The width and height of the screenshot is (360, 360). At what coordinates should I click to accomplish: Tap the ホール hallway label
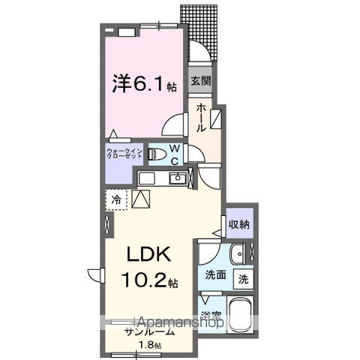201,118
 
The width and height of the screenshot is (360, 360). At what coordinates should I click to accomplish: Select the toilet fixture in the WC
157,155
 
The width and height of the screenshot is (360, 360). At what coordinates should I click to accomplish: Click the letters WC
173,155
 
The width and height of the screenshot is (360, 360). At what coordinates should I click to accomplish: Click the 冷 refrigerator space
115,199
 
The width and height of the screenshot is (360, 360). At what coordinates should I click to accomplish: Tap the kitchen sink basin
178,178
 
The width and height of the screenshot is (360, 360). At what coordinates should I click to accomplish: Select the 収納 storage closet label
239,223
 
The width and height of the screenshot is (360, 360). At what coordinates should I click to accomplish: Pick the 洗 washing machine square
244,277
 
